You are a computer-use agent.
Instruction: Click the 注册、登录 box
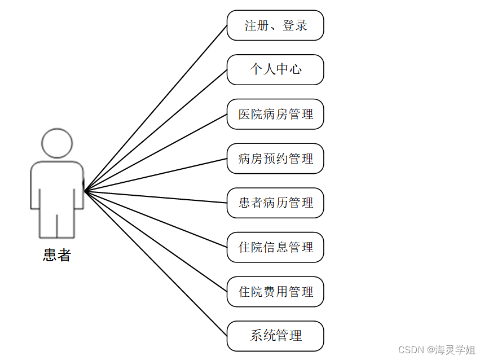(x=275, y=25)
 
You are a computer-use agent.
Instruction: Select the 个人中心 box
(x=275, y=69)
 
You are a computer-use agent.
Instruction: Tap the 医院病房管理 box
(x=275, y=114)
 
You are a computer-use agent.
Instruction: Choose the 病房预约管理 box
(x=275, y=159)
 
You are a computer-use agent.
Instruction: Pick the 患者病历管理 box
(x=275, y=203)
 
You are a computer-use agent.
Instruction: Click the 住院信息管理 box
(x=275, y=247)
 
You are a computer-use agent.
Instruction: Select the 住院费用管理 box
(x=275, y=292)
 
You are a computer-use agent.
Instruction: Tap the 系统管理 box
(x=275, y=336)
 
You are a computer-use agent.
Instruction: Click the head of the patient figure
(x=57, y=143)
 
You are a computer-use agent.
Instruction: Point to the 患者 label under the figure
(x=57, y=256)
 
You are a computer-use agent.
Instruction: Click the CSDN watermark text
(x=436, y=350)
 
